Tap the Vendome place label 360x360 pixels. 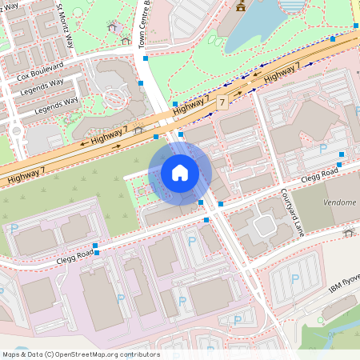click(x=340, y=202)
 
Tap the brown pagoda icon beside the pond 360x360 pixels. click(x=240, y=6)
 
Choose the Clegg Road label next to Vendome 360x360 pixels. click(x=320, y=170)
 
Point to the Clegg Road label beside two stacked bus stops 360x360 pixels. click(x=75, y=254)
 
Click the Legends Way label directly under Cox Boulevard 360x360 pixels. click(x=44, y=86)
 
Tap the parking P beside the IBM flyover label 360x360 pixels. click(x=294, y=279)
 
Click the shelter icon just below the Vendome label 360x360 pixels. click(x=348, y=233)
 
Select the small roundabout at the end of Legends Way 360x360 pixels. click(x=15, y=130)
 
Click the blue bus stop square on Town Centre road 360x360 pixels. click(x=142, y=82)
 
